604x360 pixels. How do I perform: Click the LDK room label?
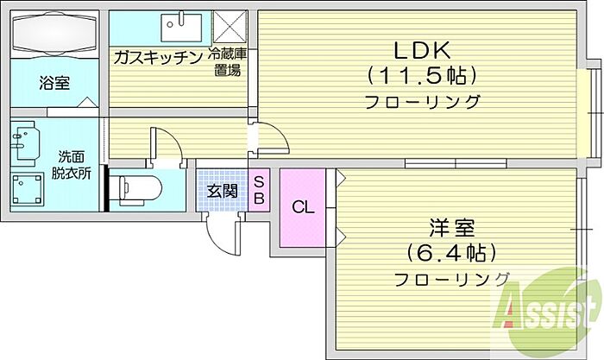pyautogui.click(x=422, y=50)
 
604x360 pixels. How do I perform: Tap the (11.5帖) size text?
pyautogui.click(x=422, y=76)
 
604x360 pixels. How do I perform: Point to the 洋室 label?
pyautogui.click(x=452, y=228)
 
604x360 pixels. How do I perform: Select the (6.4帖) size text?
pyautogui.click(x=451, y=253)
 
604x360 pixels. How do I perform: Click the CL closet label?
pyautogui.click(x=303, y=208)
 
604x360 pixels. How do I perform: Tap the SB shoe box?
pyautogui.click(x=259, y=190)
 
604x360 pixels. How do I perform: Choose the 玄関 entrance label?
pyautogui.click(x=223, y=191)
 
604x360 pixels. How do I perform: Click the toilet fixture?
pyautogui.click(x=140, y=190)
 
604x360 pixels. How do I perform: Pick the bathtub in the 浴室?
pyautogui.click(x=54, y=34)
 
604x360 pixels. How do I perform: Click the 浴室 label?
pyautogui.click(x=54, y=83)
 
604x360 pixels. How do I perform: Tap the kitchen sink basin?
pyautogui.click(x=181, y=28)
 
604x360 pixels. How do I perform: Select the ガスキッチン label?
pyautogui.click(x=158, y=58)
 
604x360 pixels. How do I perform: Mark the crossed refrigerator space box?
pyautogui.click(x=230, y=27)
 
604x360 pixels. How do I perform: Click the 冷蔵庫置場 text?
pyautogui.click(x=227, y=62)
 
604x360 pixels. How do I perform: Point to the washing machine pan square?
pyautogui.click(x=27, y=189)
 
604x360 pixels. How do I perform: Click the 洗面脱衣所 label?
pyautogui.click(x=72, y=166)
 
